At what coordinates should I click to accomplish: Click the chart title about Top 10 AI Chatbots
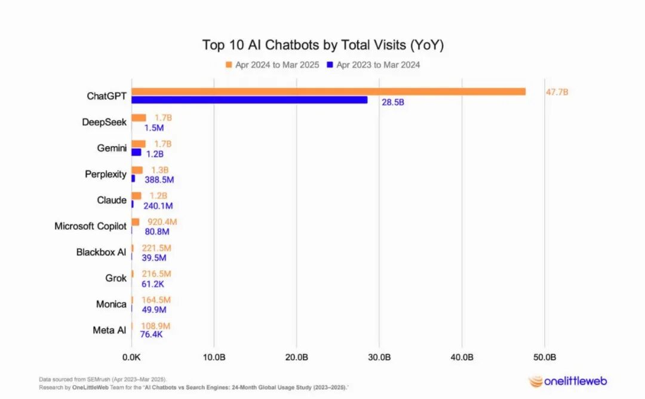point(322,45)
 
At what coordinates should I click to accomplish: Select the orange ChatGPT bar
point(328,92)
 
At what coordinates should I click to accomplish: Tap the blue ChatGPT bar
point(250,100)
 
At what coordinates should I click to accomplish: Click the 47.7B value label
point(557,92)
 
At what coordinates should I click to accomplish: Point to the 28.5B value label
point(393,103)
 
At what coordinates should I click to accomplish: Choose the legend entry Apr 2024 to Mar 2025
point(273,65)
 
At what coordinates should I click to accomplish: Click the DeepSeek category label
point(105,122)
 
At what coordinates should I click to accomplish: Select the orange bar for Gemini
point(139,144)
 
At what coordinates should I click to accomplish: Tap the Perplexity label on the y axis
point(106,174)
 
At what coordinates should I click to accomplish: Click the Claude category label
point(112,200)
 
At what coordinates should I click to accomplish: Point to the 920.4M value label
point(162,222)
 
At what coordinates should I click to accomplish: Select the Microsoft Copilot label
point(90,226)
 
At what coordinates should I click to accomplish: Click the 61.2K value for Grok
point(153,284)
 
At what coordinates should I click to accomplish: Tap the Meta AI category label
point(109,330)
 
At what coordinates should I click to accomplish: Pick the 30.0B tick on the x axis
point(379,357)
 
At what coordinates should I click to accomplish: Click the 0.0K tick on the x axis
point(131,357)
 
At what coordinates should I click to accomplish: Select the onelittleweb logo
point(567,381)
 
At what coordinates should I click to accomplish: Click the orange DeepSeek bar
point(139,118)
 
